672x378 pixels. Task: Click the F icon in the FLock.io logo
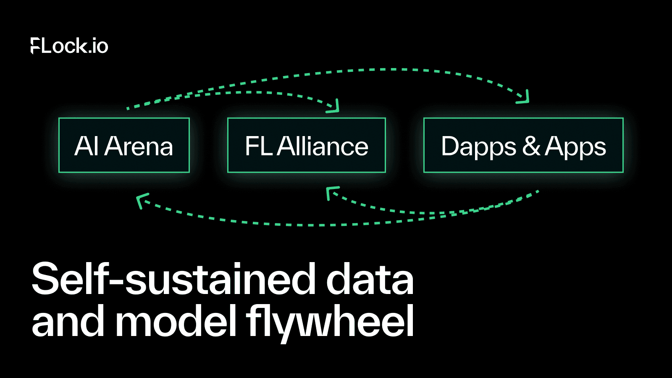(x=35, y=46)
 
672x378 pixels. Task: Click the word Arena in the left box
(x=139, y=146)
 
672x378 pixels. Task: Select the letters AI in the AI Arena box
(x=87, y=146)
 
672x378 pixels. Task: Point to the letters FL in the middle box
(x=258, y=146)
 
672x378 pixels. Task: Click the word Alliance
(x=323, y=146)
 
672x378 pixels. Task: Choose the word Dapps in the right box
(x=478, y=147)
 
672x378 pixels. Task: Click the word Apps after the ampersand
(x=575, y=147)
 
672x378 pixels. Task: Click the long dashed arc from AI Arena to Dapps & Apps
(x=378, y=70)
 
